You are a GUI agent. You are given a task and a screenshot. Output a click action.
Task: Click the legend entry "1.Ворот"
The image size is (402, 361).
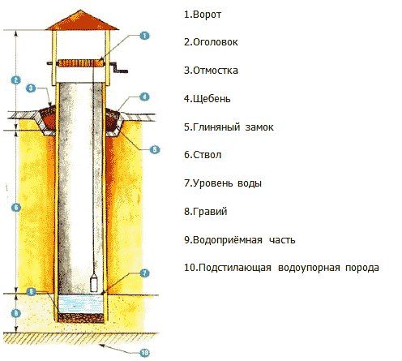(x=203, y=15)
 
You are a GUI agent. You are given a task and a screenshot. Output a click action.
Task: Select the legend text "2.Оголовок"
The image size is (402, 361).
(x=211, y=42)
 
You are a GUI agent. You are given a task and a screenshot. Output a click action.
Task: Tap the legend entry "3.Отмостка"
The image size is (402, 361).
(x=211, y=71)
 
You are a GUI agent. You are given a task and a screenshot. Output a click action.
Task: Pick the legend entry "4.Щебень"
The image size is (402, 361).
(x=207, y=99)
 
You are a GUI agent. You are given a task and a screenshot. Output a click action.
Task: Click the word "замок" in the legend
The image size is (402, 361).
(x=259, y=127)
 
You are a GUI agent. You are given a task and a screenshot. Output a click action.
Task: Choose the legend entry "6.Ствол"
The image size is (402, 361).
(x=203, y=155)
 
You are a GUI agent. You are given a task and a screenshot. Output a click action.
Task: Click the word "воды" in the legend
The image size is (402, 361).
(x=250, y=183)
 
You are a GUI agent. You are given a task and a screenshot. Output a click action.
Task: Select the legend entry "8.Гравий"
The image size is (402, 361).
(x=206, y=212)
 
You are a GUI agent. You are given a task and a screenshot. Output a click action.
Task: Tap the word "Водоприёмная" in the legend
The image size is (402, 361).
(x=228, y=240)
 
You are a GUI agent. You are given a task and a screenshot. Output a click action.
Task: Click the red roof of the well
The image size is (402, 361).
(x=82, y=20)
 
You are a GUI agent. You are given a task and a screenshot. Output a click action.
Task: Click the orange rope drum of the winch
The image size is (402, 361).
(x=81, y=63)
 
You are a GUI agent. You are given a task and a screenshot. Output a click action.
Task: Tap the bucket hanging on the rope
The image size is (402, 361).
(x=94, y=282)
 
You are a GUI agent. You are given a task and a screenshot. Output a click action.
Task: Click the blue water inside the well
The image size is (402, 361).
(x=81, y=304)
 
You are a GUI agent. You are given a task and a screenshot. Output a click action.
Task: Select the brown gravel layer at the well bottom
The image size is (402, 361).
(x=81, y=318)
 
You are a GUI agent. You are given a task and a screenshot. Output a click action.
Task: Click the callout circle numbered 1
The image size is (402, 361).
(x=144, y=36)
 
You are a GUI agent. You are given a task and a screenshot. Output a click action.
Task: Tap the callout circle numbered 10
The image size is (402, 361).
(x=144, y=353)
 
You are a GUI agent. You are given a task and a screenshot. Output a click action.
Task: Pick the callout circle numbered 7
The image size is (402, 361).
(x=144, y=273)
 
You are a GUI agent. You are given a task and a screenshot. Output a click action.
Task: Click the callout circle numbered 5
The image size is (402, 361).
(x=155, y=149)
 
